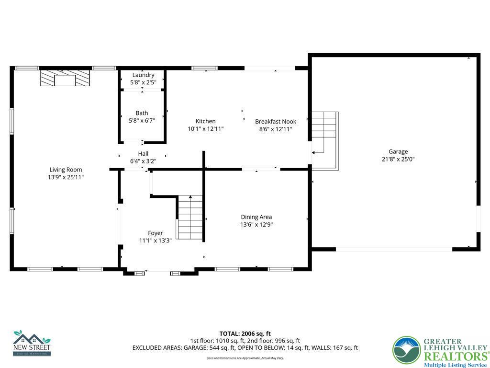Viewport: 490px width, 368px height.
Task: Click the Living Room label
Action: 66,170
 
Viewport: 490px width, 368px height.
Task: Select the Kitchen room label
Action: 205,121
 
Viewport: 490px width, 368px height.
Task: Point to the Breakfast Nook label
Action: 275,122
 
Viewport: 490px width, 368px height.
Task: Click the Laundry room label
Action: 143,75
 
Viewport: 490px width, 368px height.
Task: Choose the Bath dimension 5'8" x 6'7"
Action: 142,121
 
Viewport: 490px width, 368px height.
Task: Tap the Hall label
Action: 143,154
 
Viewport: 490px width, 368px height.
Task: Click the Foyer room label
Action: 155,233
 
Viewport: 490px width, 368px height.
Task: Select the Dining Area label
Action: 256,217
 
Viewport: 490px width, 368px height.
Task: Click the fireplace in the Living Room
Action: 65,78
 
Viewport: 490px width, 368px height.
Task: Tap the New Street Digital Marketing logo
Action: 32,343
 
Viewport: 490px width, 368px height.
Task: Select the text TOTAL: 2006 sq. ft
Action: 245,333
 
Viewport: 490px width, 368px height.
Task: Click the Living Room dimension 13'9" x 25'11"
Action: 66,177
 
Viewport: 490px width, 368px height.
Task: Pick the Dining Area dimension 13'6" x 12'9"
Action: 256,225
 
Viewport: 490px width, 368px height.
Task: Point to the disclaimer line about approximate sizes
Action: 245,358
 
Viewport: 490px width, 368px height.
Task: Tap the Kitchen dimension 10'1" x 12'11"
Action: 205,129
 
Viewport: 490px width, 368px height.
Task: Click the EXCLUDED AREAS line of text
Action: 245,348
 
